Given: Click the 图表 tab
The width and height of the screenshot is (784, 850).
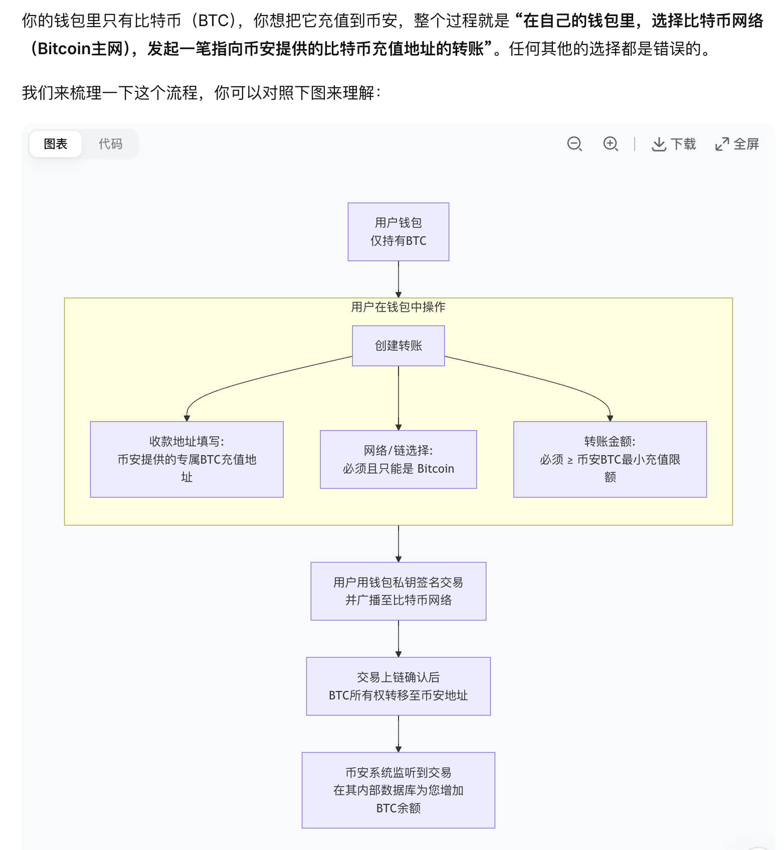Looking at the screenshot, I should [55, 144].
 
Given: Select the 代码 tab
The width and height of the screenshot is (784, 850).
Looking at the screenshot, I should [110, 144].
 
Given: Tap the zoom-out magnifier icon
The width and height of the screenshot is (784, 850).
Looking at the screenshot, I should [574, 144].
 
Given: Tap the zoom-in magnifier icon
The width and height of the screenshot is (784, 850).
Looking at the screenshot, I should [610, 144].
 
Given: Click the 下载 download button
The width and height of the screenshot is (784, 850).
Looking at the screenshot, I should [674, 144].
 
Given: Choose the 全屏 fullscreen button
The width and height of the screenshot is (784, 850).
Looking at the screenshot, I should [737, 144].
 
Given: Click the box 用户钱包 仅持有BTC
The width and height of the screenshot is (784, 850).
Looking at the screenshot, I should [398, 232].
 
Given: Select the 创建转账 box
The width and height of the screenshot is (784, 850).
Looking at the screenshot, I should [398, 346].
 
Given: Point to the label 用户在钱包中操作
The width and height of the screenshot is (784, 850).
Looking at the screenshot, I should [398, 307].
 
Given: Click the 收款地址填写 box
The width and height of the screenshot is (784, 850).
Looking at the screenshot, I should [186, 459].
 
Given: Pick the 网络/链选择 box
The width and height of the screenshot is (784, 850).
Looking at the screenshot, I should [398, 459].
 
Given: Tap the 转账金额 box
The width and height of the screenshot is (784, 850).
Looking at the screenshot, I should [610, 459].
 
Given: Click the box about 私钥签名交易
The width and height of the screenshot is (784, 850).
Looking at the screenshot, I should [398, 591].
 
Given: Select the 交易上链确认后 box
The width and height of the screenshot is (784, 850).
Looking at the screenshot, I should [398, 686].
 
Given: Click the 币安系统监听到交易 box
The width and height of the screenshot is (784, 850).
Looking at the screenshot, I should [398, 790].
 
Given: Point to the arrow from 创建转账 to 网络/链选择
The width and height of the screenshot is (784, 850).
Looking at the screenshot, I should [399, 396].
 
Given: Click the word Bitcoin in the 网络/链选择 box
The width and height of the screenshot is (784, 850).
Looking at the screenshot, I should [435, 469].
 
